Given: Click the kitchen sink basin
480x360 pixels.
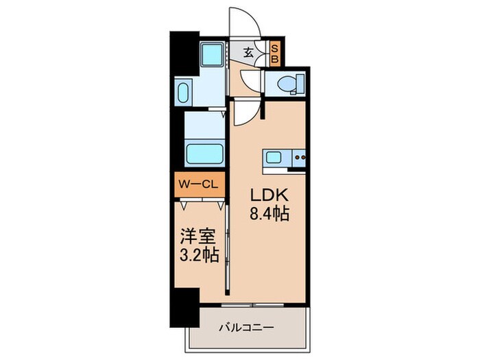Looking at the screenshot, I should (274, 158).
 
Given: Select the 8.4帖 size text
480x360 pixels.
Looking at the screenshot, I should (268, 213).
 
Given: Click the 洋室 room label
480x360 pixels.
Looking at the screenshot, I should (197, 237).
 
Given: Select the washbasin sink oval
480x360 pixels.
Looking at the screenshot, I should (184, 92).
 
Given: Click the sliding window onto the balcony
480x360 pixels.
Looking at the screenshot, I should (252, 302).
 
